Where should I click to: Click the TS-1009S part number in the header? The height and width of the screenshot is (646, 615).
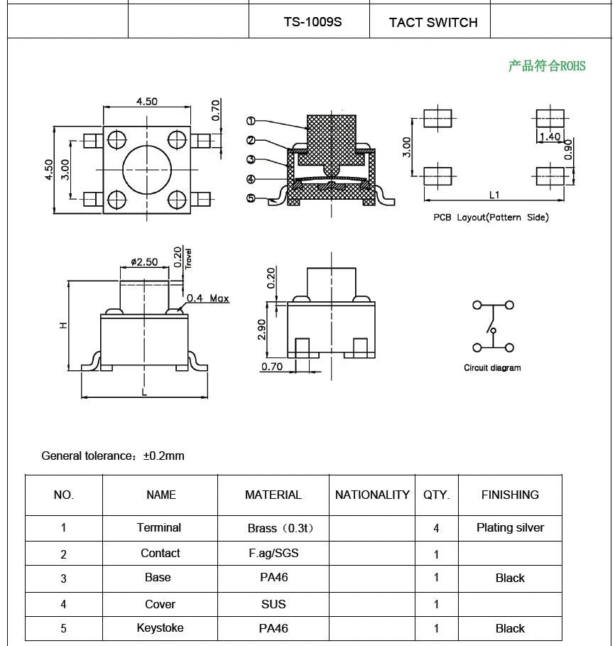click(312, 22)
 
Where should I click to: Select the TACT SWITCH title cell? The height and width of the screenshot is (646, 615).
click(432, 23)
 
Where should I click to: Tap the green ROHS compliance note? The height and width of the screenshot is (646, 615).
click(546, 66)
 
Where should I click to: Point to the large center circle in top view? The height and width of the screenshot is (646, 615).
click(147, 168)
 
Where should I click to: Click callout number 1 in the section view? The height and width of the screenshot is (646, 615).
click(251, 121)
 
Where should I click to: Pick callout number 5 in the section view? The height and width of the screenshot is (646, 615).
click(251, 198)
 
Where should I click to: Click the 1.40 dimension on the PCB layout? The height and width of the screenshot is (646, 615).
click(550, 136)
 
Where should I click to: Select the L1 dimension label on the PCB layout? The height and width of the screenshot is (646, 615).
click(494, 195)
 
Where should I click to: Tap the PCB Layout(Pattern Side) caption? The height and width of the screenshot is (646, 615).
click(491, 217)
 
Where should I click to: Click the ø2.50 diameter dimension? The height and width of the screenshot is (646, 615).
click(145, 262)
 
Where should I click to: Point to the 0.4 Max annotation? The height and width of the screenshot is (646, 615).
click(207, 298)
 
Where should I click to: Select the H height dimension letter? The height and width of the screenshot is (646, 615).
click(63, 325)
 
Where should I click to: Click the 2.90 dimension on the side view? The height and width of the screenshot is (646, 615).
click(261, 328)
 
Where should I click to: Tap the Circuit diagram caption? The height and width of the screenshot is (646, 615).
click(492, 368)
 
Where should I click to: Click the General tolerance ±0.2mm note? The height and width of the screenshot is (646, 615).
click(113, 456)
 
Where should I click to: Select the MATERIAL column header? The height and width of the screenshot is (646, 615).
click(273, 495)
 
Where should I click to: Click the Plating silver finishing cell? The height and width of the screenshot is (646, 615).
click(510, 527)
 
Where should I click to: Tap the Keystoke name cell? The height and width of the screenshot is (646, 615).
click(160, 628)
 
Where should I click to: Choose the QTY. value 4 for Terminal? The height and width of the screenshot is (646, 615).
click(436, 528)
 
